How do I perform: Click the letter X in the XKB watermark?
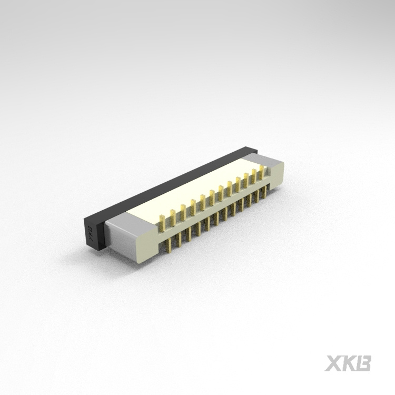(333, 363)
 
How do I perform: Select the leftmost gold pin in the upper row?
(161, 222)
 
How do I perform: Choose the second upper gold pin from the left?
(172, 216)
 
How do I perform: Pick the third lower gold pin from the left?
(190, 235)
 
